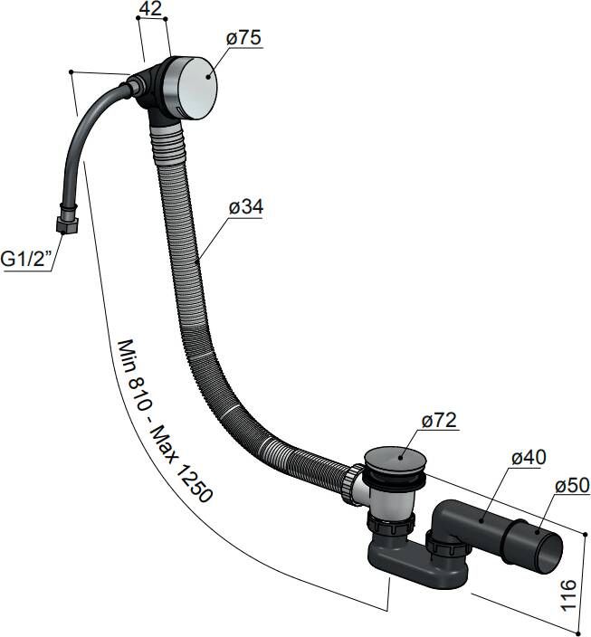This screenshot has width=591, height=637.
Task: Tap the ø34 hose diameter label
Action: (x=245, y=207)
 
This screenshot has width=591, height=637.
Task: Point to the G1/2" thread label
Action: (x=27, y=260)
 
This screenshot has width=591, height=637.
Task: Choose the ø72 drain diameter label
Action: (x=439, y=421)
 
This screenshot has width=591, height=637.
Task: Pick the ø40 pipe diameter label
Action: (x=527, y=459)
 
